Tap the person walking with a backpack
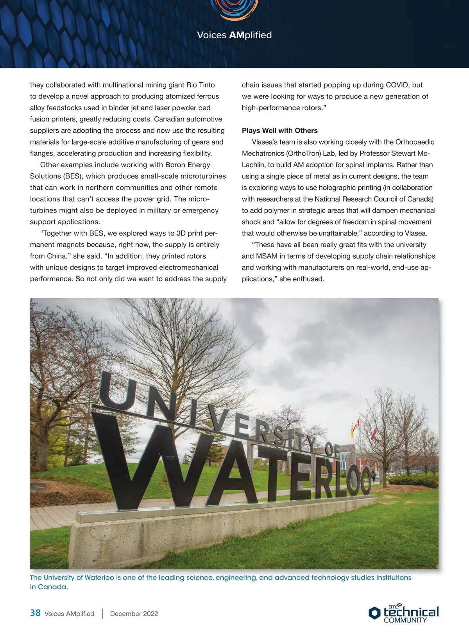point(373,476)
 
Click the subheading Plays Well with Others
point(279,130)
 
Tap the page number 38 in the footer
point(35,613)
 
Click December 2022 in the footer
point(134,614)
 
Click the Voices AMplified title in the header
point(234,35)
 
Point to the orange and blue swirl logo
point(234,10)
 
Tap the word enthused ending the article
point(309,279)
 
